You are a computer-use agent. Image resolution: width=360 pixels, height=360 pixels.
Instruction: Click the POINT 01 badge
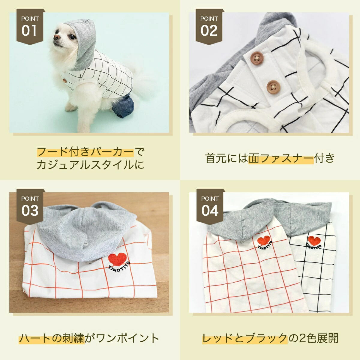pos(30,26)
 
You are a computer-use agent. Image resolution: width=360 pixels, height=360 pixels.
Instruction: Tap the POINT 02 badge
pos(209,26)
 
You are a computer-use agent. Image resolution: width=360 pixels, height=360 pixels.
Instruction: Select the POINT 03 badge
pos(30,206)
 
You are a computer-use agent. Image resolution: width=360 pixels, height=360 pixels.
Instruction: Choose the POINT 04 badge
pos(210,206)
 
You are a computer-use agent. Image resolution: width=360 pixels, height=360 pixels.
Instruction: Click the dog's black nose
pos(56,37)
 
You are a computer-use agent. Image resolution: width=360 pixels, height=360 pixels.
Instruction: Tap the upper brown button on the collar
pos(257,58)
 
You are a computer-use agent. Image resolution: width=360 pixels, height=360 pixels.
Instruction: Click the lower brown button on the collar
pos(273,87)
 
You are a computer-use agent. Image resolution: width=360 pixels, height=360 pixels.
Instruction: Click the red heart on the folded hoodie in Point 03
pos(117,259)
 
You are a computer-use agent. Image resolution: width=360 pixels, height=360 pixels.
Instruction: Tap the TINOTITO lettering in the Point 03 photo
pos(119,268)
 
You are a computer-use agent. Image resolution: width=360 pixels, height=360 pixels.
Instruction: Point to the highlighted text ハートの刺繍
pos(52,338)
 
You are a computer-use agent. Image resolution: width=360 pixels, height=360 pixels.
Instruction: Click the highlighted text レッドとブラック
pos(245,338)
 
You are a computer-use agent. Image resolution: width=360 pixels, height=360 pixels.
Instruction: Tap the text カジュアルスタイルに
pos(90,165)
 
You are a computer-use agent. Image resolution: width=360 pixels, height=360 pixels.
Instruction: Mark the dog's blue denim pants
pos(123,106)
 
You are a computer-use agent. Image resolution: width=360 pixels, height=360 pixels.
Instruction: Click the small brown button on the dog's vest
pos(64,81)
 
